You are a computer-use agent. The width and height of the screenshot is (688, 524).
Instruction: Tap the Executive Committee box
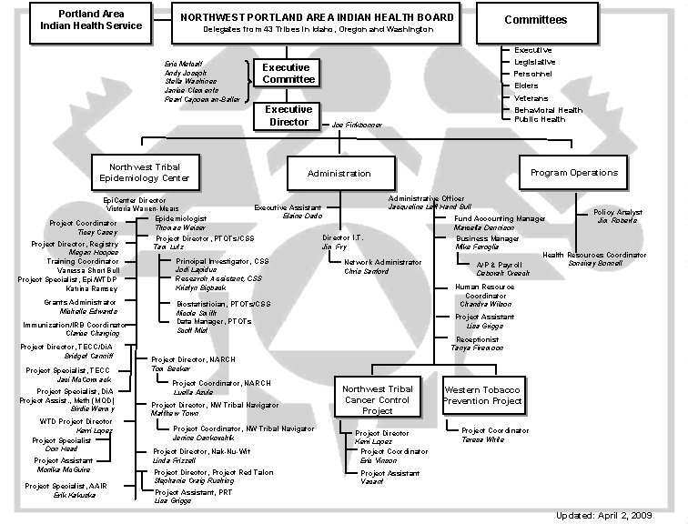click(286, 74)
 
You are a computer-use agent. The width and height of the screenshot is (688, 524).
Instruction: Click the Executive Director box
click(288, 116)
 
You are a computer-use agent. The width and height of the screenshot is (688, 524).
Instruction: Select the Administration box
click(339, 173)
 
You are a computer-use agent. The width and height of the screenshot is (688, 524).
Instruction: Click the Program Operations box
click(573, 172)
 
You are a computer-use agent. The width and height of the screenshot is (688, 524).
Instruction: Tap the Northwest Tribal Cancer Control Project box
click(377, 400)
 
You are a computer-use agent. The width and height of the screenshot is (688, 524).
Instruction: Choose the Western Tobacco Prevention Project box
click(483, 395)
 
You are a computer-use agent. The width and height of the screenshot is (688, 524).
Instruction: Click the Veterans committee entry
click(531, 97)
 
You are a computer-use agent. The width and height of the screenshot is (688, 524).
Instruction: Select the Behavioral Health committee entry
click(548, 109)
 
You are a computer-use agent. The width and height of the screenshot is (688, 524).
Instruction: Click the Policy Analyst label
click(617, 212)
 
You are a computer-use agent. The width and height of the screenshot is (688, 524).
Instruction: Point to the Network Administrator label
click(383, 262)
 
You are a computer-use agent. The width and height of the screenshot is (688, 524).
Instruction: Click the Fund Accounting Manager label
click(500, 218)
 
